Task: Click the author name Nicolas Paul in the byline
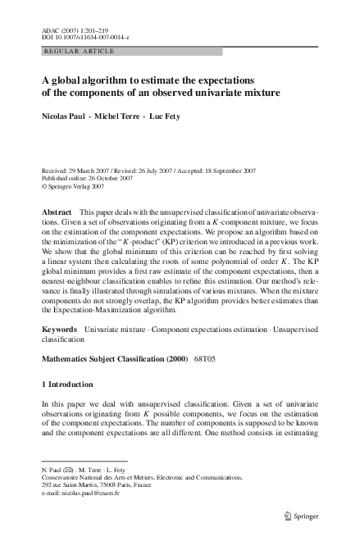[63, 117]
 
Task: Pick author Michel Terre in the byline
[117, 117]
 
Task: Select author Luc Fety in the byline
[166, 117]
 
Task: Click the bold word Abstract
[56, 212]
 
